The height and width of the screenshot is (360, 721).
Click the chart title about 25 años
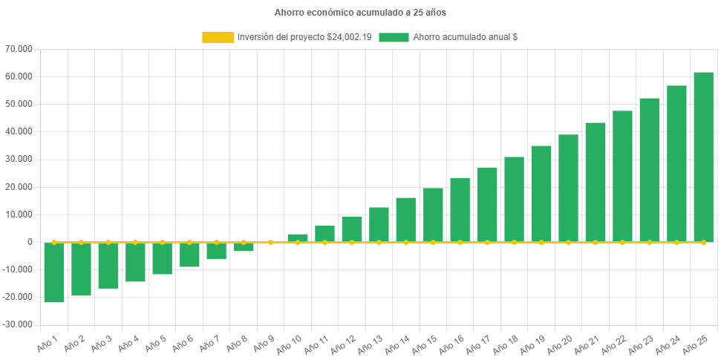tap(360, 13)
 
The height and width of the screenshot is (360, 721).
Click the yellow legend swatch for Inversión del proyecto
tap(217, 36)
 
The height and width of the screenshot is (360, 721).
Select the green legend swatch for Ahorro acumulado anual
tap(394, 36)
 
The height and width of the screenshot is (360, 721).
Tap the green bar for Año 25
tap(703, 157)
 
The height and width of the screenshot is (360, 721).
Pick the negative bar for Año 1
tap(54, 272)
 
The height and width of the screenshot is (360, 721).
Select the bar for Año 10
tap(298, 238)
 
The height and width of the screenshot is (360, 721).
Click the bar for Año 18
tap(514, 199)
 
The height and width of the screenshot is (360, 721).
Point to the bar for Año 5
tap(163, 258)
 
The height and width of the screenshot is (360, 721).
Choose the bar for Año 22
tap(622, 176)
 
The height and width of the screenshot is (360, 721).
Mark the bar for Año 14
tap(406, 220)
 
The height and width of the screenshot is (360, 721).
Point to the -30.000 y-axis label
tap(18, 324)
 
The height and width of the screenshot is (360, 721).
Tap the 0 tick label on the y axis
tap(30, 242)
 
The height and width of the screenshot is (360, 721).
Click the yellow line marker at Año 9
tap(270, 242)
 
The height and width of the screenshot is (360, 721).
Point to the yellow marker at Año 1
tap(54, 242)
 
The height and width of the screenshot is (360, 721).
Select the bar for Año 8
tap(244, 247)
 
